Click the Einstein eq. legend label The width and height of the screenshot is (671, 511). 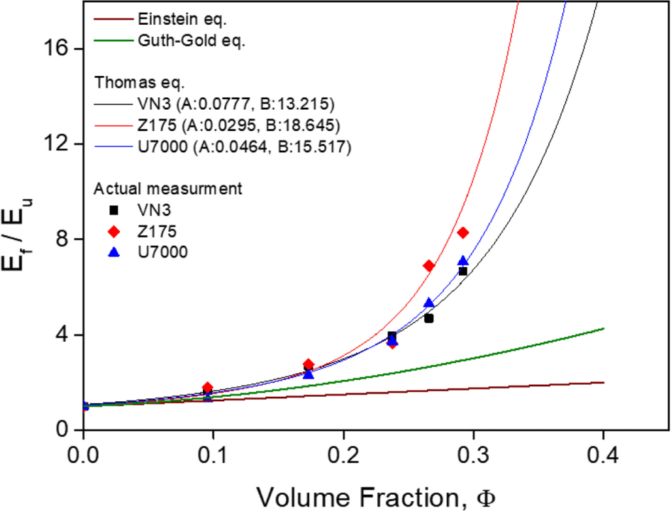pos(182,19)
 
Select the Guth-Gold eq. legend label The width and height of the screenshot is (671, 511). pos(192,40)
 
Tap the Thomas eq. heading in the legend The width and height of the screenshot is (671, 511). pos(139,82)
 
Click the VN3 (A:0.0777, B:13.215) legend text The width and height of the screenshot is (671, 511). pos(235,104)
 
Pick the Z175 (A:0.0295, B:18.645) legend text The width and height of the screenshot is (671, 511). pos(239,125)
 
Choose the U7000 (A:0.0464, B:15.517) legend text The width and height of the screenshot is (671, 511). pos(244,147)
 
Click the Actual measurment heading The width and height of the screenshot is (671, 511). pos(167,189)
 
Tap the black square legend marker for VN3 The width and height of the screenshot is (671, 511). pos(113,210)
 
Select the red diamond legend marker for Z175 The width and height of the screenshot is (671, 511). pos(113,231)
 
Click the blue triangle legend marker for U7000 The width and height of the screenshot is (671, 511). pos(113,252)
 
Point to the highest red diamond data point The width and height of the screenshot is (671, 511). pos(462,232)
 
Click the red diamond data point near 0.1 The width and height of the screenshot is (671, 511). pos(208,388)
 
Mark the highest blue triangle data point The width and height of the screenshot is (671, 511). pos(463,261)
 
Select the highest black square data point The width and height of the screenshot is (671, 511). pos(462,271)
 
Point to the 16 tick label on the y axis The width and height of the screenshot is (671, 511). pos(56,49)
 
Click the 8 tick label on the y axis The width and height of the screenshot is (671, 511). pos(63,239)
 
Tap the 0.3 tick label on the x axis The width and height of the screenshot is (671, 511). pos(474,456)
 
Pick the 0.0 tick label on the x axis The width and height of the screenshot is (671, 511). pos(83,456)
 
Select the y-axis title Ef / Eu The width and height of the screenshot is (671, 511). pos(16,235)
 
